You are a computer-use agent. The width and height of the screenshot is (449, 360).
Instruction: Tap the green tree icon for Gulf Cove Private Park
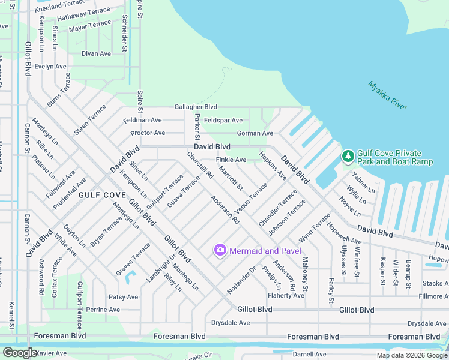(x=348, y=156)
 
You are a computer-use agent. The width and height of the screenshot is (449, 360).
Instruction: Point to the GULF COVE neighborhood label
(x=101, y=195)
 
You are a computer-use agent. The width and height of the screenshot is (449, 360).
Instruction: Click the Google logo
(x=19, y=353)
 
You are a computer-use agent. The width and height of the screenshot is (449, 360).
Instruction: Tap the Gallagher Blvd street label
(x=196, y=107)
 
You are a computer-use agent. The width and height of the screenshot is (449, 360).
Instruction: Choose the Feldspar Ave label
(x=223, y=121)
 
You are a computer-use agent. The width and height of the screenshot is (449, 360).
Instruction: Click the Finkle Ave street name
(x=231, y=160)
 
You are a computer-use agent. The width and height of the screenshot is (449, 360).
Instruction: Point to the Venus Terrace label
(x=252, y=197)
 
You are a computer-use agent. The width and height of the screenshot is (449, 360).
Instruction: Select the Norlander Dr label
(x=241, y=280)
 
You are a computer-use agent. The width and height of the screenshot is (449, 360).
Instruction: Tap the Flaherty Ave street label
(x=286, y=295)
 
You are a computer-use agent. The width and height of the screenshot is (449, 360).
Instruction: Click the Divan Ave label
(x=97, y=53)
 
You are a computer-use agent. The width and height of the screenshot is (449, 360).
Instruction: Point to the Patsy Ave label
(x=123, y=297)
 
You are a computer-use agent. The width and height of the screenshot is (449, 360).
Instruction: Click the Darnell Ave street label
(x=309, y=354)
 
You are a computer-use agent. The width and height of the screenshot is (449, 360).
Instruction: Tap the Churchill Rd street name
(x=200, y=166)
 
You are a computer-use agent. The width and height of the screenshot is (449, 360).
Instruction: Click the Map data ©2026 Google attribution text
(x=412, y=355)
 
